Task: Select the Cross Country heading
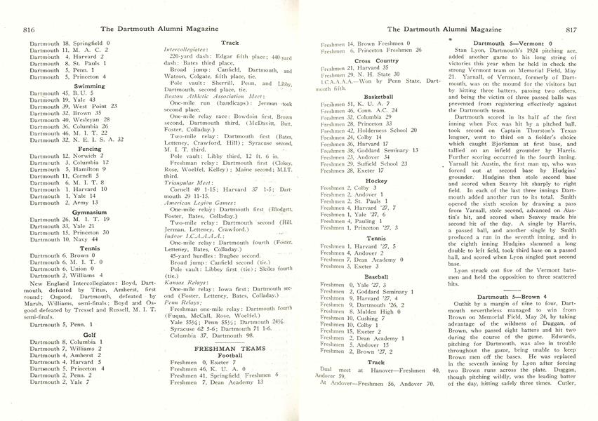381,61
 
